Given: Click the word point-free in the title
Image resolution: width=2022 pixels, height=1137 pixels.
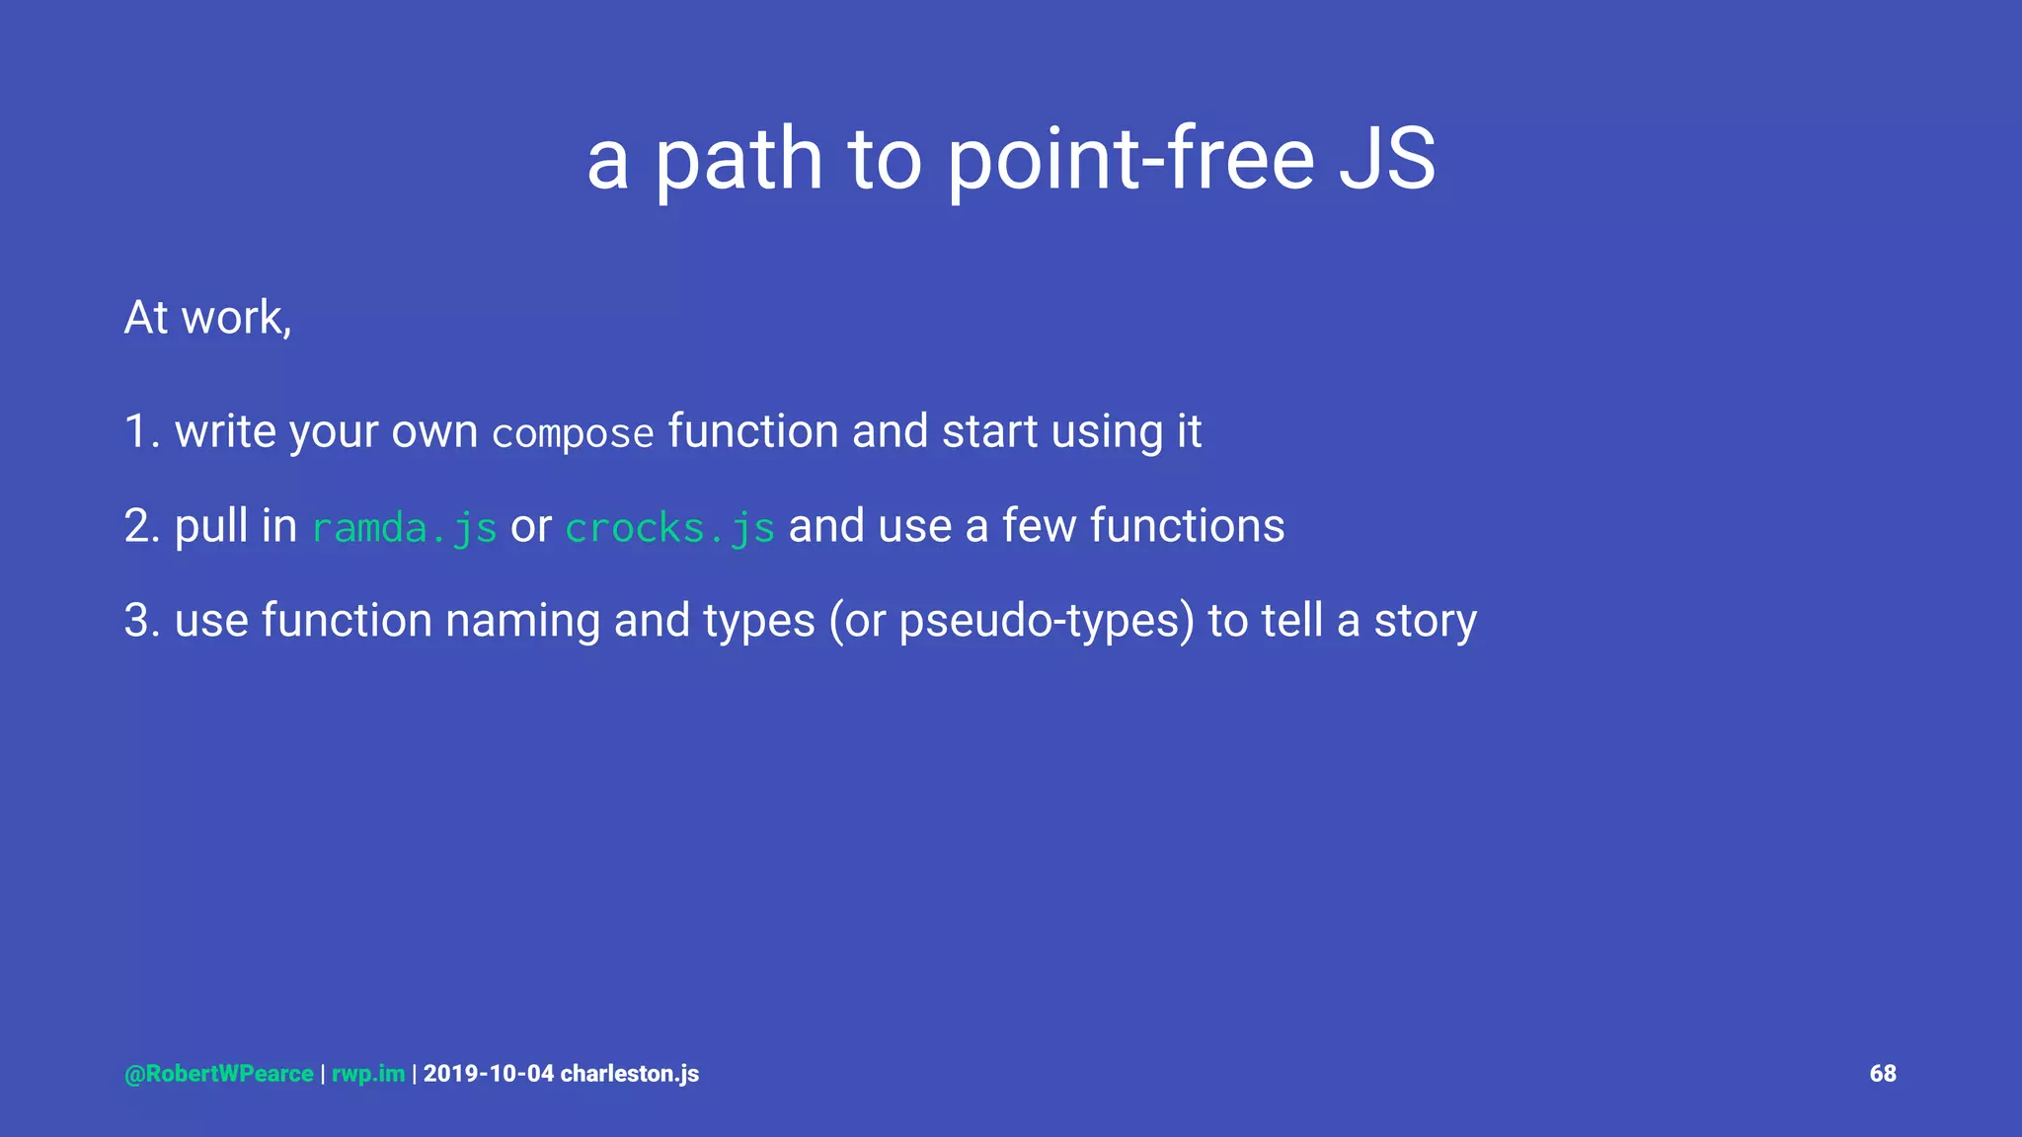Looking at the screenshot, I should pos(1130,160).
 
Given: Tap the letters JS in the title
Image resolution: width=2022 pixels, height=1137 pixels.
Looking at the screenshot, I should pos(1386,160).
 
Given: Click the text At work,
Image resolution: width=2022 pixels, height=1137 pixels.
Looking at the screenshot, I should pos(208,318).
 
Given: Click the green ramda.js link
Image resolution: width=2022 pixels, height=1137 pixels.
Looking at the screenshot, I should pos(404,527).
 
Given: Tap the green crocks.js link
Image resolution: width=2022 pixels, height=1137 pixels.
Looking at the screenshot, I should pos(669,527).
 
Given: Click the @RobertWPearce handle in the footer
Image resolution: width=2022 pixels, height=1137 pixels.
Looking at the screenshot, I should pos(219,1074).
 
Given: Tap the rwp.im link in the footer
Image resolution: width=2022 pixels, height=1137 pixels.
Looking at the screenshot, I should pos(368,1074).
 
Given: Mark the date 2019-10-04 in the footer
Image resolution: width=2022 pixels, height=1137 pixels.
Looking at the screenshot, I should pos(489,1074).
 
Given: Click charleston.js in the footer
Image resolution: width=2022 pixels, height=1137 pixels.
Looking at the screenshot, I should pos(630,1074).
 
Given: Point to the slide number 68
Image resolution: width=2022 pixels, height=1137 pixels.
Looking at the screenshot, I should pos(1882,1074).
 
